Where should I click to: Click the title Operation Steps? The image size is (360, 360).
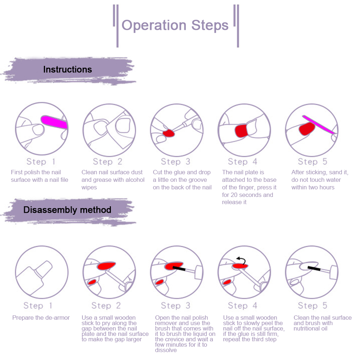[x=175, y=26]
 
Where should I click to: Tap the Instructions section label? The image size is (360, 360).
[x=67, y=69]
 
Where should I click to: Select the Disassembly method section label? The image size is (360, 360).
[x=67, y=210]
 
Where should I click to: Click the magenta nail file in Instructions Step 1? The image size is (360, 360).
[x=54, y=122]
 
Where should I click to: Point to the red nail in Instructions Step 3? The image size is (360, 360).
[x=168, y=134]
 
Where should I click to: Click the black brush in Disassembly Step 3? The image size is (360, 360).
[x=179, y=268]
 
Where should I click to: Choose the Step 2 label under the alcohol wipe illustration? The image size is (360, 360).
[x=108, y=161]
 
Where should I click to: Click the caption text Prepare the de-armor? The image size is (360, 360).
[x=41, y=318]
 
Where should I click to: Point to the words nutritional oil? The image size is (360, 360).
[x=310, y=328]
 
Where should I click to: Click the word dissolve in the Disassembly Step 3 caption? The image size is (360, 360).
[x=166, y=350]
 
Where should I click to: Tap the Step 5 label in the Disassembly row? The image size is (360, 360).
[x=312, y=306]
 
